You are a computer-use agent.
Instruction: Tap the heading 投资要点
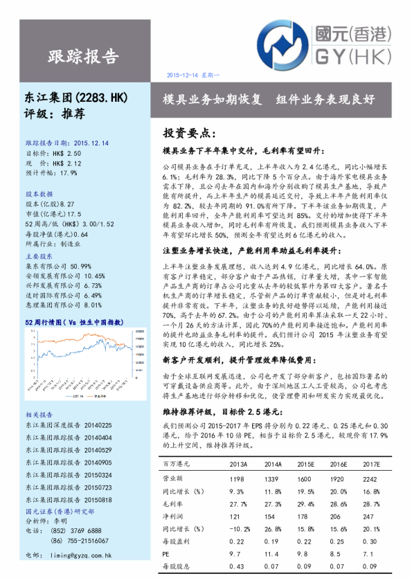tap(189, 132)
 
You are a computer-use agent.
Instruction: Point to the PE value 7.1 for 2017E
tap(371, 553)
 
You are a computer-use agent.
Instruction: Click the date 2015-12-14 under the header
tap(193, 75)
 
